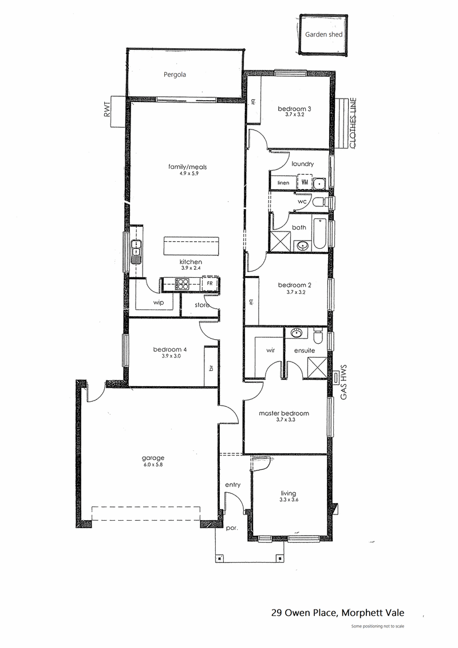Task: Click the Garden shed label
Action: point(324,35)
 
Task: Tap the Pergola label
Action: point(175,75)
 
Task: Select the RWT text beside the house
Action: point(108,109)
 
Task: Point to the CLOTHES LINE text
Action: point(353,123)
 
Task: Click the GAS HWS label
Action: point(343,382)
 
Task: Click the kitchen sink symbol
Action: point(135,252)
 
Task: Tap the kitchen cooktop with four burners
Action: point(182,284)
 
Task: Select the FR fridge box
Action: point(210,284)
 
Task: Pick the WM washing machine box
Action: point(304,182)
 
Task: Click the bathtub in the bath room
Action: point(320,234)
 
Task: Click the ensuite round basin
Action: point(296,333)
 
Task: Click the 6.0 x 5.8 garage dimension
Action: point(153,465)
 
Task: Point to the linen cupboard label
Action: point(283,183)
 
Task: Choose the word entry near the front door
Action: point(232,485)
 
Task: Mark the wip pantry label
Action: point(159,303)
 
